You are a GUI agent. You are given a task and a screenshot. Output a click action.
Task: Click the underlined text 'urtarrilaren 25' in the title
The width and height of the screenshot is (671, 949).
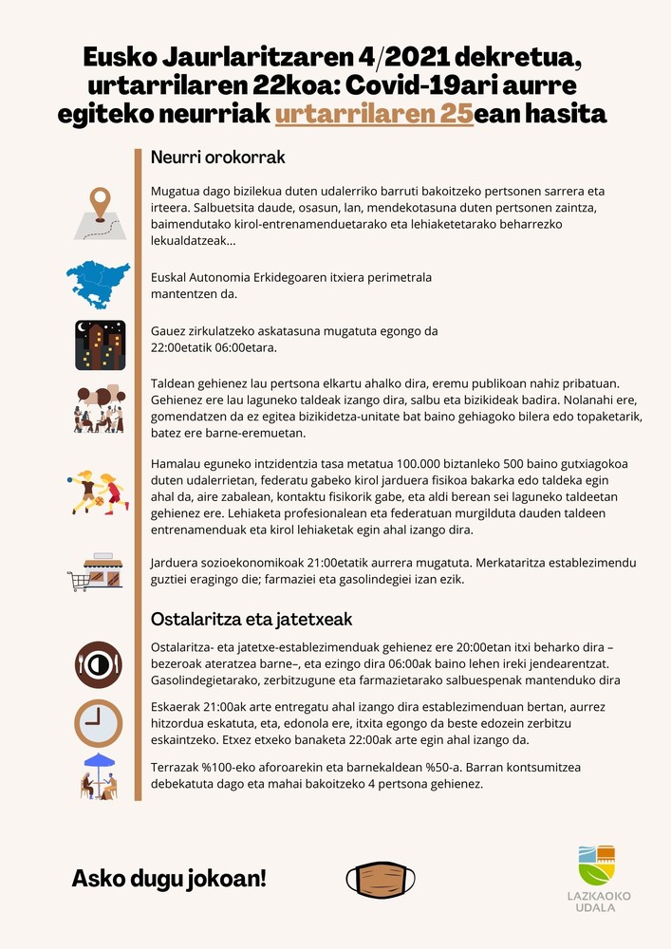coord(374,116)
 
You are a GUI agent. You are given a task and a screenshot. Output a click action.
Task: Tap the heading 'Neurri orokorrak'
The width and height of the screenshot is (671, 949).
coord(217,157)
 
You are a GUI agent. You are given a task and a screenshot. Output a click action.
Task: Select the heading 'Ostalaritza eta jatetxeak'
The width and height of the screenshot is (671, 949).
coord(252,619)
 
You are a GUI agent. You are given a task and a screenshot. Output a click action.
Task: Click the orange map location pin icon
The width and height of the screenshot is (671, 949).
coord(99,205)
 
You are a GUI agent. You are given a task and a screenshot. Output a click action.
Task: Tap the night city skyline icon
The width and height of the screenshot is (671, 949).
coord(100,344)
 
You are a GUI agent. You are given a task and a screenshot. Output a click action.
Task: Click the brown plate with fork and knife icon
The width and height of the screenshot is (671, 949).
coord(99,664)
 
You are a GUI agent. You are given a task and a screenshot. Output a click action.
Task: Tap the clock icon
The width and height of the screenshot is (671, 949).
coord(99,723)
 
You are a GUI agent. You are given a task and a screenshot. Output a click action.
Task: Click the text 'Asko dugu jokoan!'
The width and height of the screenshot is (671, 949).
coord(169,879)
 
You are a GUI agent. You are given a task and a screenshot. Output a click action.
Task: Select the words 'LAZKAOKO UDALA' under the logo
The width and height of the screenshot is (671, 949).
coord(596,902)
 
